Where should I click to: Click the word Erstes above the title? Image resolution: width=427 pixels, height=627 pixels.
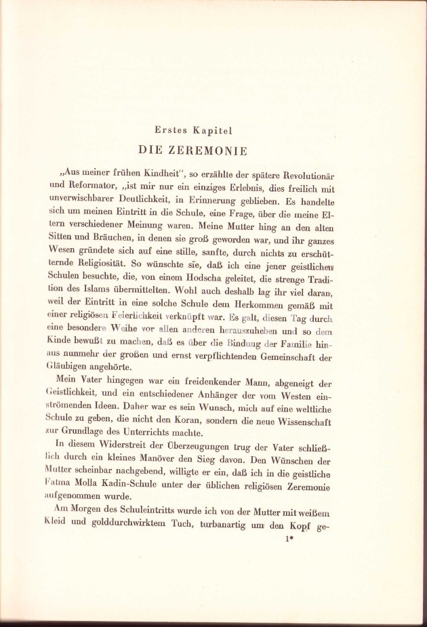[x=173, y=129]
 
